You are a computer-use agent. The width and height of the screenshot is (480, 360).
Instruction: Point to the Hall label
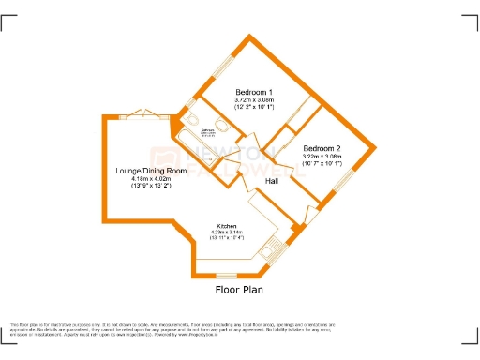[x=272, y=181]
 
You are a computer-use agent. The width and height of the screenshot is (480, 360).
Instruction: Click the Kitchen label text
[x=226, y=226]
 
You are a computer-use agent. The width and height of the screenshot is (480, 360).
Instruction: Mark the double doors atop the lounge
[x=142, y=112]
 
